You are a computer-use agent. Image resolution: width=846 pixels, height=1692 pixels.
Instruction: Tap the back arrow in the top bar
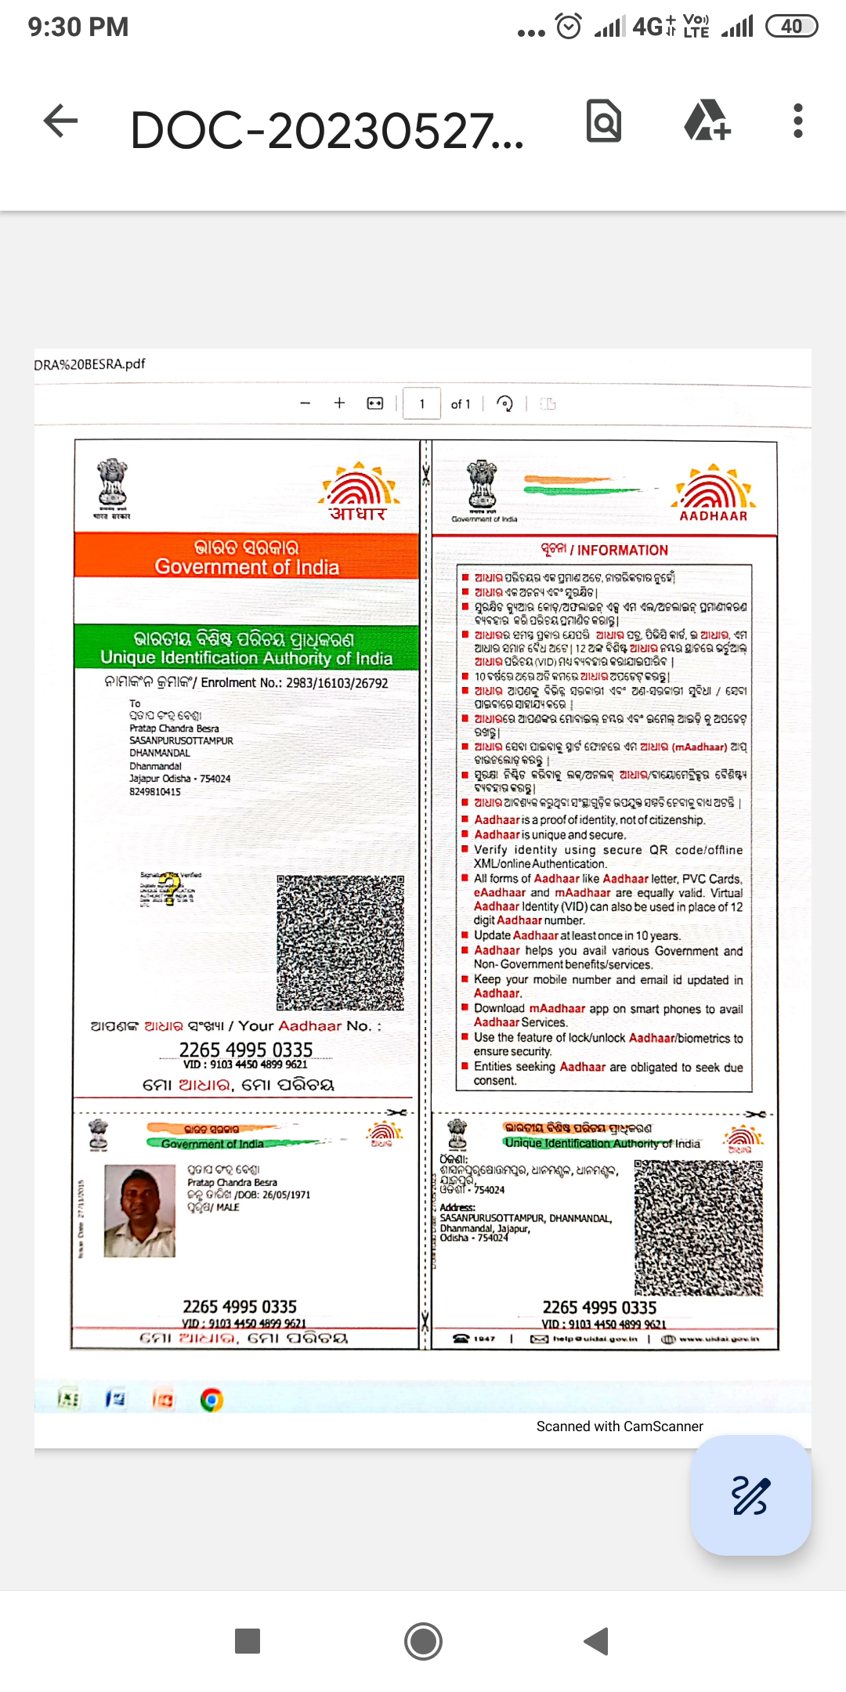60,121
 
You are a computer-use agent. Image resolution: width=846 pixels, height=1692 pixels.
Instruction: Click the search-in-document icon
604,121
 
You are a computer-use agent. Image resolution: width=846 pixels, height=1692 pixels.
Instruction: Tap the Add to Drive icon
707,121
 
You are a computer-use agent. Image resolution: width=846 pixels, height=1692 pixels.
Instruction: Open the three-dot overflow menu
797,121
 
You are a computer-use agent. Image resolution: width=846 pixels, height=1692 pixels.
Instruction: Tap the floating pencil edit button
750,1495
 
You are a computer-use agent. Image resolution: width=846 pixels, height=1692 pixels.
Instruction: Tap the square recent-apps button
248,1640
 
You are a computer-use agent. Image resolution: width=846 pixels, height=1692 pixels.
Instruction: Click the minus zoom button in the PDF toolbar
305,403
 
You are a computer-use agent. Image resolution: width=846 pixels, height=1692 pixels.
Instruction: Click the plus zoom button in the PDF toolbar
339,403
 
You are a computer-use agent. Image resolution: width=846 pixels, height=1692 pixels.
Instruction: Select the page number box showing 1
421,404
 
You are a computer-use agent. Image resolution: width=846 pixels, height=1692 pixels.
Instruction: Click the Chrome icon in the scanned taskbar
211,1400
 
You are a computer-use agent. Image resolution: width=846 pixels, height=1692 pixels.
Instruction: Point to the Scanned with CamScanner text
620,1426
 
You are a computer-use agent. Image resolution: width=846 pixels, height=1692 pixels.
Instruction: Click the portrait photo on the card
139,1210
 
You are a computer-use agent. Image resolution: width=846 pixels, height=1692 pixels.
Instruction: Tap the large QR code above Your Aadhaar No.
340,942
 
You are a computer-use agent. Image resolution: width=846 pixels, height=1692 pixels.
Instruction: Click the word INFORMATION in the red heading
623,551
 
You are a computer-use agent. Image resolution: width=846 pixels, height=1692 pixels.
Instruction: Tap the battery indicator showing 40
791,27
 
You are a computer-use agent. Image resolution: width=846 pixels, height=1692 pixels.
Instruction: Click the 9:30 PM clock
78,27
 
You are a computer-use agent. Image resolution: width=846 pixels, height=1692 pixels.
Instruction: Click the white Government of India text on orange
247,567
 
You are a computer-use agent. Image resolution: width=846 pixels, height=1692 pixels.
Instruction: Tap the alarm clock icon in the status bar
569,27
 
